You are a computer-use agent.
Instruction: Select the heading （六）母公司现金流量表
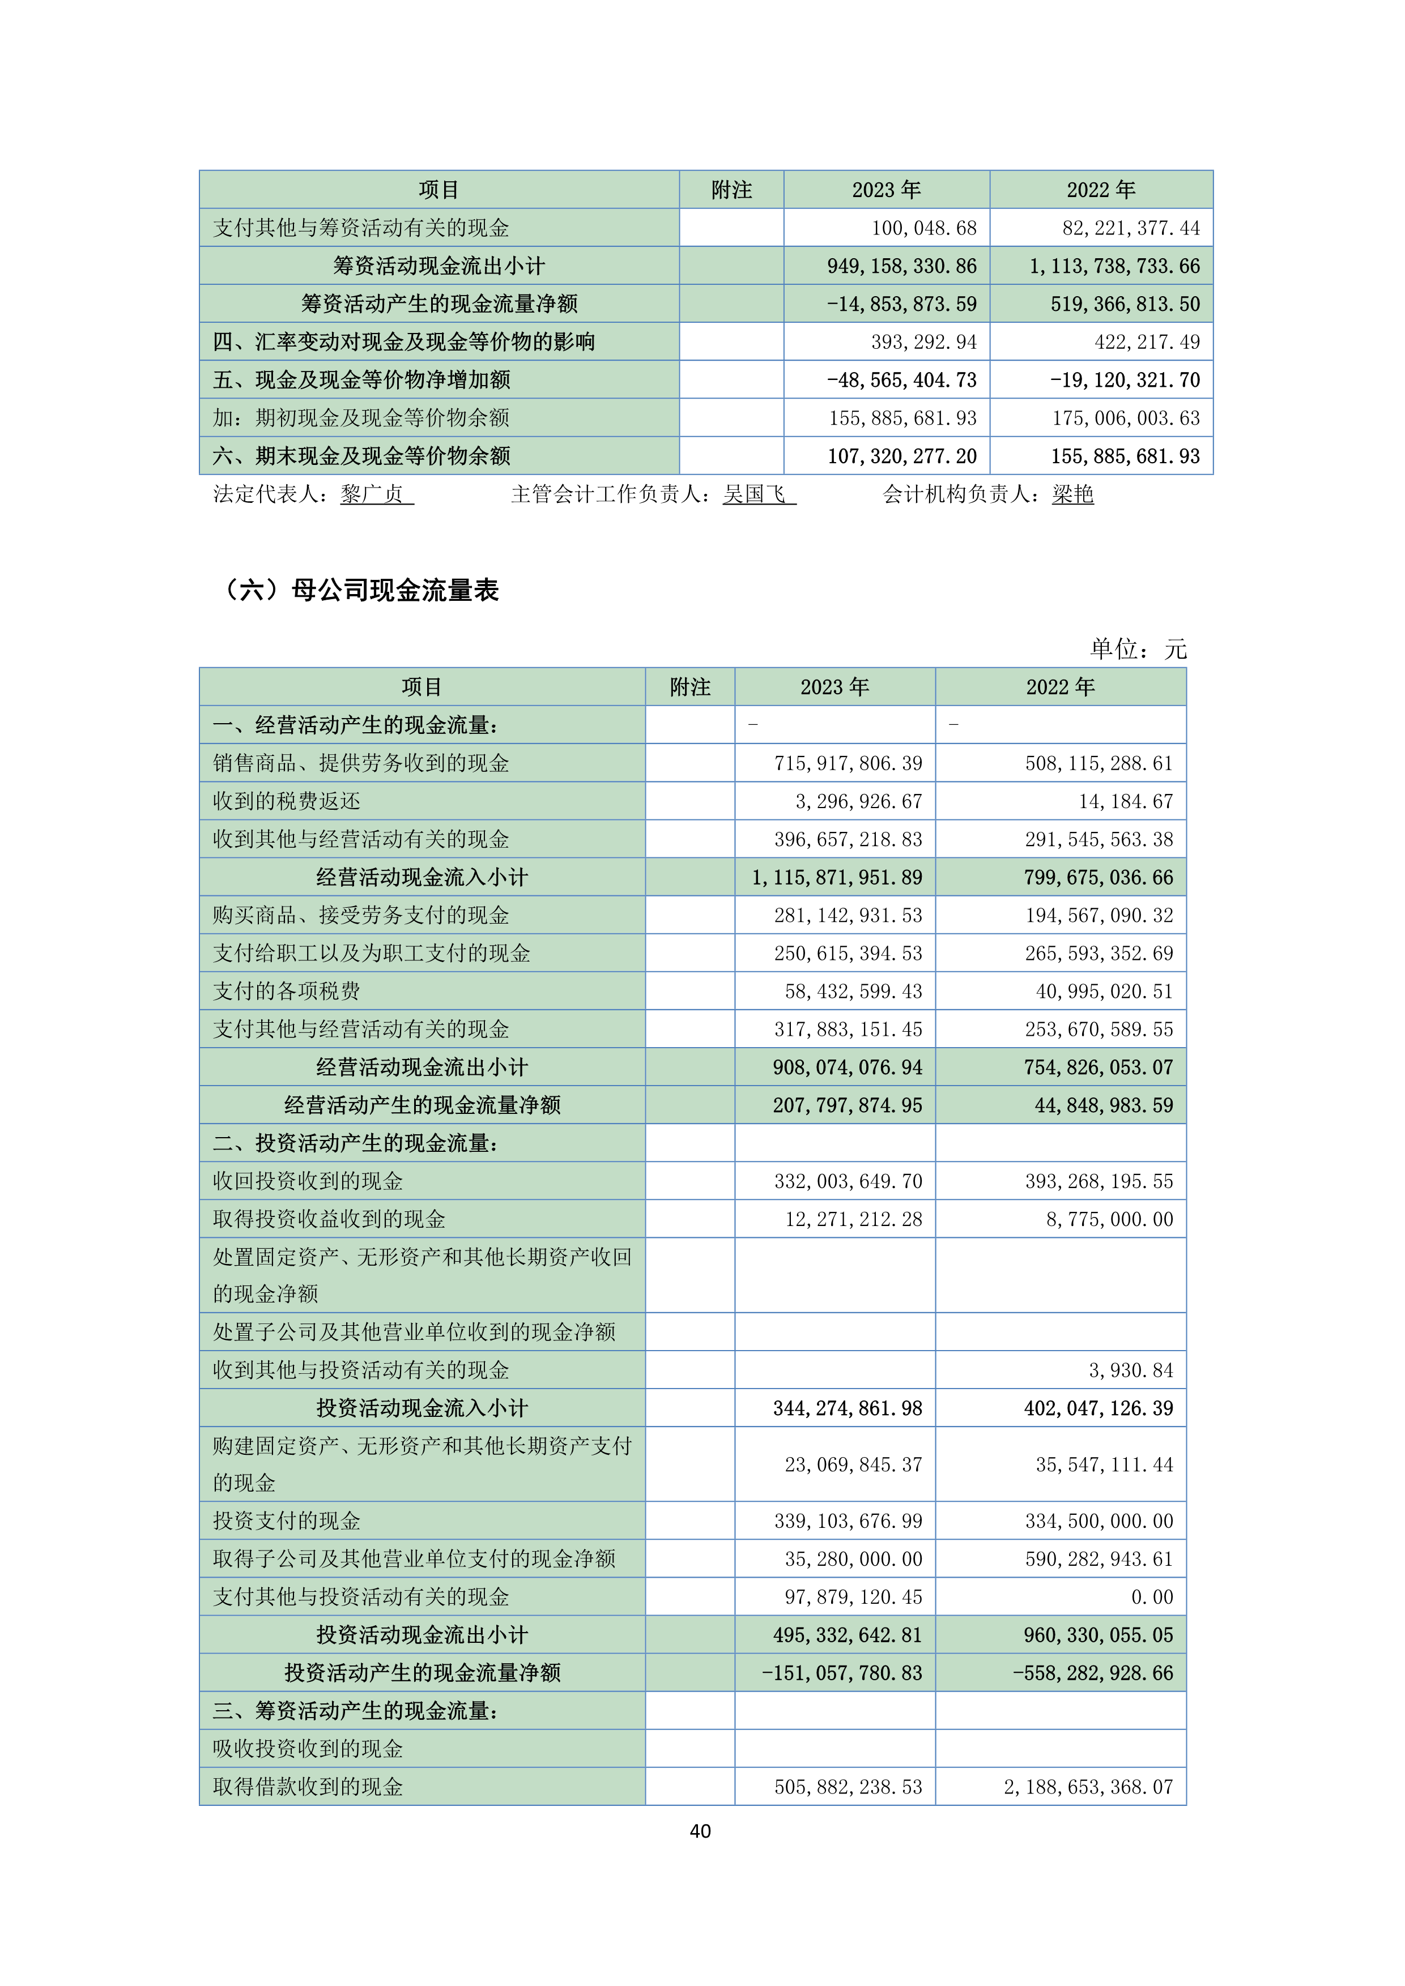pyautogui.click(x=360, y=590)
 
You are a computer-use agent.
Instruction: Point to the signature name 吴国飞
pyautogui.click(x=755, y=494)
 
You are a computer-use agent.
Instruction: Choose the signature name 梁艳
pyautogui.click(x=1073, y=494)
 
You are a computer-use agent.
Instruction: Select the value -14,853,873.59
pyautogui.click(x=901, y=305)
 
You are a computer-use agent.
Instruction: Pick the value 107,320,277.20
pyautogui.click(x=901, y=456)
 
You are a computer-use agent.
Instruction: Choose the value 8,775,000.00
pyautogui.click(x=1109, y=1220)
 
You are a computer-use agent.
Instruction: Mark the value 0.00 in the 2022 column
pyautogui.click(x=1152, y=1597)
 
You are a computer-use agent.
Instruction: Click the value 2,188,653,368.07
pyautogui.click(x=1088, y=1787)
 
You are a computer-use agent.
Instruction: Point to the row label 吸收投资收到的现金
pyautogui.click(x=308, y=1749)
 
